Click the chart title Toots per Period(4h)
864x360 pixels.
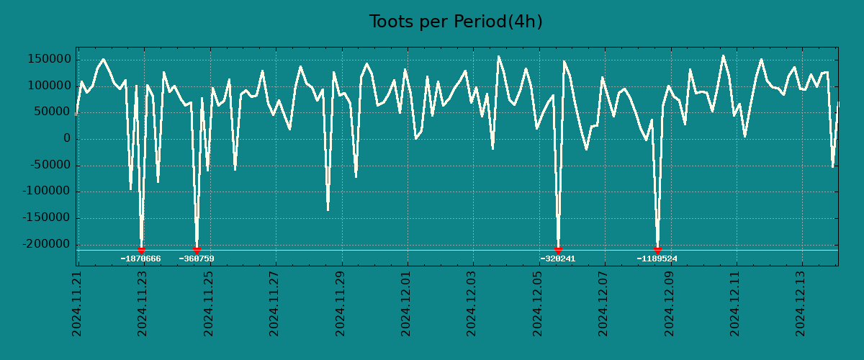pyautogui.click(x=456, y=22)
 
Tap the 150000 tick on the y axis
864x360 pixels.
pyautogui.click(x=49, y=59)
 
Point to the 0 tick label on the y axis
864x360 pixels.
pyautogui.click(x=66, y=139)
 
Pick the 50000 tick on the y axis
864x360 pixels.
pyautogui.click(x=52, y=112)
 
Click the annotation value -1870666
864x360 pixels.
pyautogui.click(x=140, y=259)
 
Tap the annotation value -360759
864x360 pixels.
pyautogui.click(x=197, y=259)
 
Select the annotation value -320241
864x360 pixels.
pyautogui.click(x=558, y=259)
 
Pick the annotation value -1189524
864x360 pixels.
pyautogui.click(x=657, y=259)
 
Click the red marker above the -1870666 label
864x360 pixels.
pyautogui.click(x=141, y=251)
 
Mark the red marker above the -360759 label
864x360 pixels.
pyautogui.click(x=197, y=251)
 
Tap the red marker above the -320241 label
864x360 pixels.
pyautogui.click(x=558, y=251)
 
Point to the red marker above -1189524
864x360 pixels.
pyautogui.click(x=657, y=251)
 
